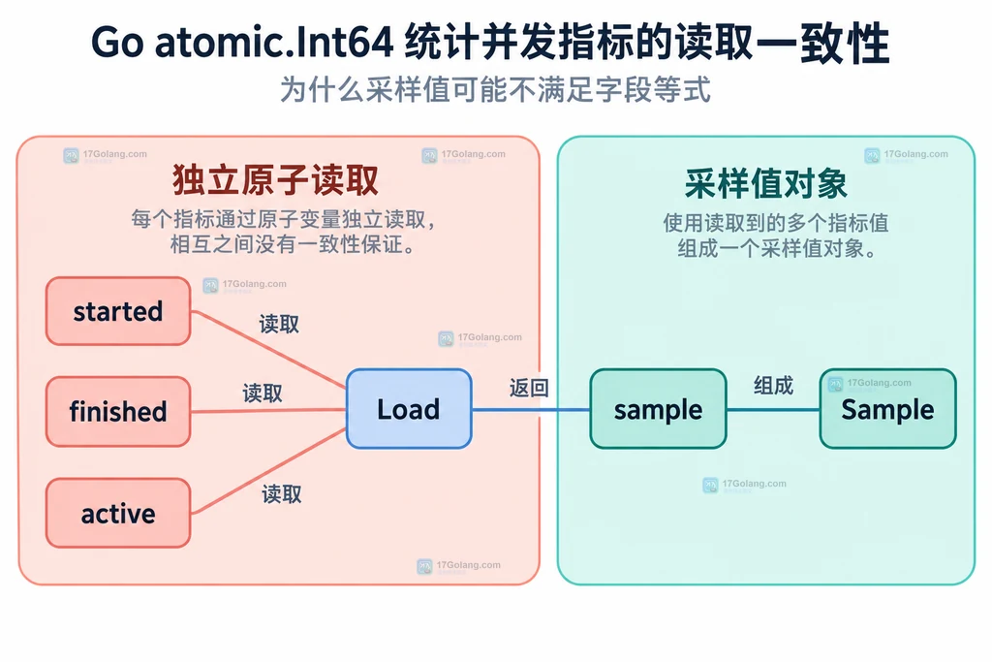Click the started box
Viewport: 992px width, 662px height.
tap(118, 311)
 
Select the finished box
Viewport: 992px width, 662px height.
tap(118, 411)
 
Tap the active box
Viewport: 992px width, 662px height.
tap(118, 513)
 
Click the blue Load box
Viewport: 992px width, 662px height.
tap(409, 409)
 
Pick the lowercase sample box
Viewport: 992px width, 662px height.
tap(658, 409)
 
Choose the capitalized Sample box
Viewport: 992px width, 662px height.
tap(887, 409)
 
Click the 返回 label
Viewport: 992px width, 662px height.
tap(529, 388)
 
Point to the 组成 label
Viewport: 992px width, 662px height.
tap(773, 386)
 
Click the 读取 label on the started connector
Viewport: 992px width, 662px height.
tap(279, 324)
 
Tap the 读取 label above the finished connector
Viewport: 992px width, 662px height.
tap(263, 393)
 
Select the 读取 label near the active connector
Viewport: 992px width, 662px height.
tap(282, 493)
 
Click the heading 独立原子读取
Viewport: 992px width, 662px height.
tap(275, 180)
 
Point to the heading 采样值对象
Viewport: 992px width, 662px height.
tap(765, 184)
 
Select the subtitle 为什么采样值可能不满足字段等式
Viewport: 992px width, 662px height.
tap(495, 90)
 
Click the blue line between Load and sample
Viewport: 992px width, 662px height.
tap(531, 409)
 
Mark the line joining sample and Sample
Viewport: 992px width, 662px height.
tap(773, 409)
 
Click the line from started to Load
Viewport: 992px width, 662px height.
tap(269, 349)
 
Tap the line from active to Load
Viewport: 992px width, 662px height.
tap(269, 471)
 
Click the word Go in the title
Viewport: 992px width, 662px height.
tap(117, 43)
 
